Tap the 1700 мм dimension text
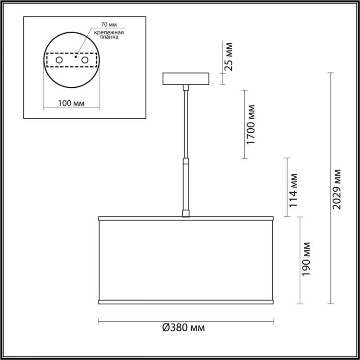(x=251, y=125)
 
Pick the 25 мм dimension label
(x=229, y=56)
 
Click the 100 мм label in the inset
(x=72, y=103)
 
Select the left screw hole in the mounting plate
(x=59, y=60)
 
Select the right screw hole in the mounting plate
(x=84, y=60)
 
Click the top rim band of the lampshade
(x=185, y=219)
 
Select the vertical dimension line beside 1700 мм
(x=244, y=125)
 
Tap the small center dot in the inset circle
(x=76, y=57)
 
